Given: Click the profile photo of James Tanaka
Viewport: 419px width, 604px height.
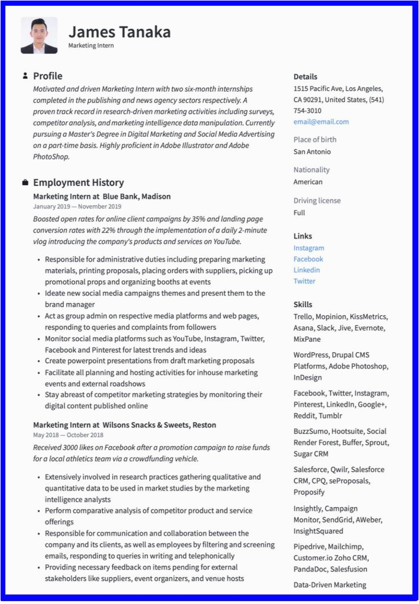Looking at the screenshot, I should click(39, 35).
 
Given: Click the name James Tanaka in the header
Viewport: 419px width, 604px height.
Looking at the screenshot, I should click(119, 31).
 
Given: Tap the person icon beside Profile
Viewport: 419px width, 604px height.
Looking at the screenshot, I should click(25, 76).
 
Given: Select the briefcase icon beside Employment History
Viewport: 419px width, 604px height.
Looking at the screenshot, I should click(25, 182).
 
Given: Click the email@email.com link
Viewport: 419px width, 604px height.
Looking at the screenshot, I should click(321, 121).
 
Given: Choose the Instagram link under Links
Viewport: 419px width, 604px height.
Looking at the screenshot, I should click(309, 248).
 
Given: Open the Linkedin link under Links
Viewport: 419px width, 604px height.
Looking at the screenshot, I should click(306, 270).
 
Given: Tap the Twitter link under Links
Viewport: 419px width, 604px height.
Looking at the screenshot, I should click(304, 281).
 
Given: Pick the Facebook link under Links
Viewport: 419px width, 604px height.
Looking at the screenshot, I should click(308, 259).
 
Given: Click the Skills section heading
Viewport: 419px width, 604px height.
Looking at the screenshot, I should click(303, 304).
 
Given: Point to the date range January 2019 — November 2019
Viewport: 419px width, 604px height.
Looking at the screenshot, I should click(77, 206).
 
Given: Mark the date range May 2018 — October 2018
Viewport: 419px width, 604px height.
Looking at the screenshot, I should click(68, 435).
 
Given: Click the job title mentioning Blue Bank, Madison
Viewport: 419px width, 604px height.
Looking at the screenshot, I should click(102, 196).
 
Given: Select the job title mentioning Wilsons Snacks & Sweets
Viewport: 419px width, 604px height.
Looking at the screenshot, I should click(125, 425).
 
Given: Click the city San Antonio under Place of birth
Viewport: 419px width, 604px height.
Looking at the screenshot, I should click(312, 152).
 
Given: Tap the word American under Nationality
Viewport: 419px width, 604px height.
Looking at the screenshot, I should click(308, 182).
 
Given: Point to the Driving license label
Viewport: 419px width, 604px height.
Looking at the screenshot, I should click(317, 201).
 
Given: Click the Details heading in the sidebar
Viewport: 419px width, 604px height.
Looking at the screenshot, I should click(305, 76).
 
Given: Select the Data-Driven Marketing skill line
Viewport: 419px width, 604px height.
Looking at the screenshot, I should click(330, 585).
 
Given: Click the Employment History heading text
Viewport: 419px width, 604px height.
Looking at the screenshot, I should click(79, 182).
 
